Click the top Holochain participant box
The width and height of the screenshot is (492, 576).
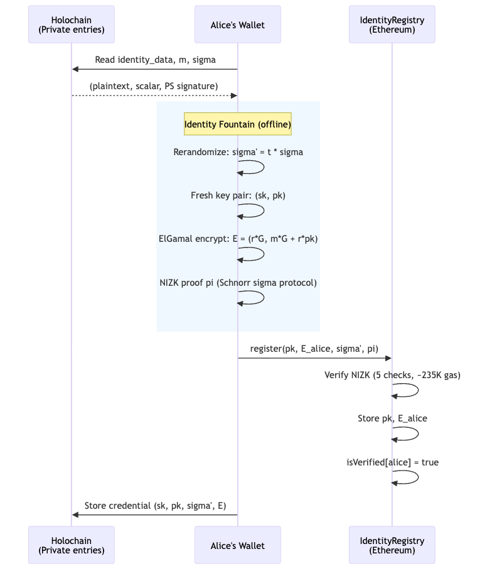pyautogui.click(x=72, y=24)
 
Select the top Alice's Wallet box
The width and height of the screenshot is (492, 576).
pyautogui.click(x=238, y=24)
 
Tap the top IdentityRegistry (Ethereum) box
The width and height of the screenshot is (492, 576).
pyautogui.click(x=392, y=24)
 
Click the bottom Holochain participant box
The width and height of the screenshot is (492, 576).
pyautogui.click(x=72, y=545)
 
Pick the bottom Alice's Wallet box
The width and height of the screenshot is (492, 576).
pyautogui.click(x=238, y=545)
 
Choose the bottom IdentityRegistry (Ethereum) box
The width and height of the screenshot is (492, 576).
pyautogui.click(x=392, y=545)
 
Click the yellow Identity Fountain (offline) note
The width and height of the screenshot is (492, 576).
pyautogui.click(x=238, y=124)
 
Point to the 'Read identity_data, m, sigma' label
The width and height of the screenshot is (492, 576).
pyautogui.click(x=155, y=60)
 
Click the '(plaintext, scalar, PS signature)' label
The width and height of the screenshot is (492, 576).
pyautogui.click(x=154, y=85)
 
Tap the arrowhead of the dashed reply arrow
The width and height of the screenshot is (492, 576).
pyautogui.click(x=234, y=95)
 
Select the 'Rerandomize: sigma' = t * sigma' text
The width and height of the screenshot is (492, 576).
pyautogui.click(x=238, y=152)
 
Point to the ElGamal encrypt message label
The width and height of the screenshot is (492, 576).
pyautogui.click(x=238, y=239)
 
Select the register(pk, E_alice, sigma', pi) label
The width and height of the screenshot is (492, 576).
pyautogui.click(x=314, y=349)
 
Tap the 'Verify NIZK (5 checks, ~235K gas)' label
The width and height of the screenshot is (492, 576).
pyautogui.click(x=392, y=375)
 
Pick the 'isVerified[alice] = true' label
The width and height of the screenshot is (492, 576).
pyautogui.click(x=392, y=462)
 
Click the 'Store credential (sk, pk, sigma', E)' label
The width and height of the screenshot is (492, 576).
pyautogui.click(x=155, y=505)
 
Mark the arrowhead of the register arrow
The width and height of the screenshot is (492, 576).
pyautogui.click(x=388, y=358)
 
